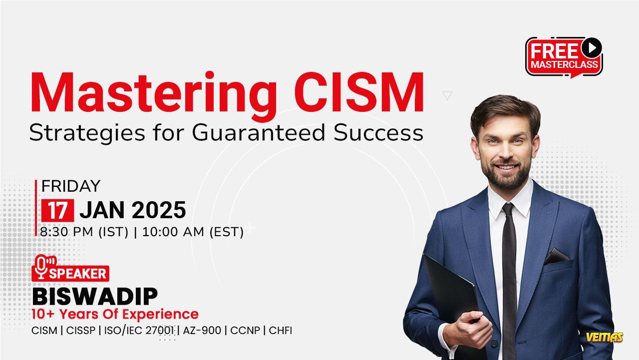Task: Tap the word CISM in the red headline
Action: pyautogui.click(x=359, y=92)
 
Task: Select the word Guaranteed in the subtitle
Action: pyautogui.click(x=259, y=133)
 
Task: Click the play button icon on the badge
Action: pyautogui.click(x=592, y=47)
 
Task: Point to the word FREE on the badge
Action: pyautogui.click(x=554, y=51)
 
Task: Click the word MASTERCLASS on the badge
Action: pyautogui.click(x=564, y=64)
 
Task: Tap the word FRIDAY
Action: pyautogui.click(x=71, y=186)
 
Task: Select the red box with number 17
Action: pyautogui.click(x=57, y=211)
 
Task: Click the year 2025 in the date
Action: pyautogui.click(x=159, y=210)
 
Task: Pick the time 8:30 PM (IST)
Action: pyautogui.click(x=84, y=232)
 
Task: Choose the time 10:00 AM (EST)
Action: pyautogui.click(x=193, y=232)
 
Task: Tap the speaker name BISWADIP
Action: pyautogui.click(x=95, y=297)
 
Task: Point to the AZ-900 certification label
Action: pyautogui.click(x=202, y=331)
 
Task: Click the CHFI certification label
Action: pyautogui.click(x=281, y=331)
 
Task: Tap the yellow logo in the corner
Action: pyautogui.click(x=605, y=337)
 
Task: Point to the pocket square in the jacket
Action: pyautogui.click(x=557, y=256)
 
